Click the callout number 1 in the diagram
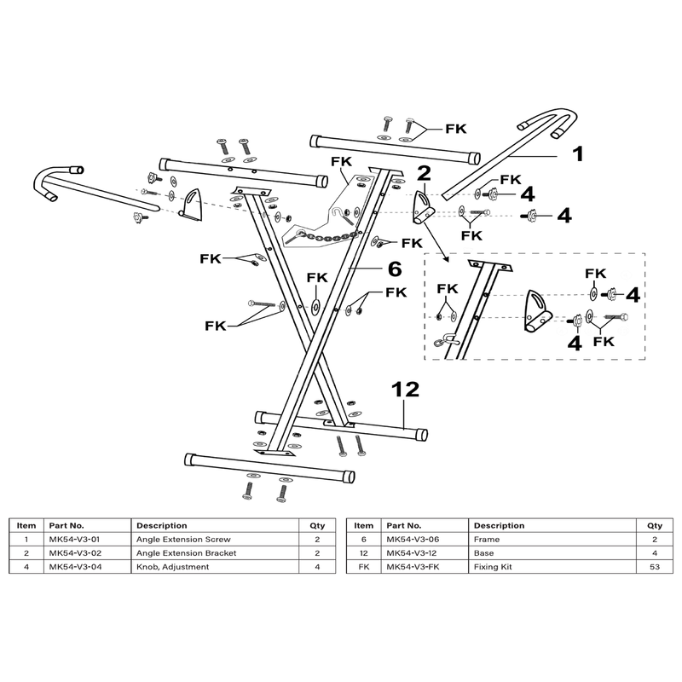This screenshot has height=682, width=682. click(578, 154)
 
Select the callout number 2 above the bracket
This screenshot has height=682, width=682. click(424, 173)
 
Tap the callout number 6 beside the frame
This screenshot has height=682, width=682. click(395, 269)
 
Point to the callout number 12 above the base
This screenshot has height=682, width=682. click(406, 390)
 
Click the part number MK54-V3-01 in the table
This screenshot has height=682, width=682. click(74, 540)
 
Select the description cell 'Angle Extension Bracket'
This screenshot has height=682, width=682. click(186, 553)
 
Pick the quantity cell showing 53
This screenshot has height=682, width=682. click(655, 567)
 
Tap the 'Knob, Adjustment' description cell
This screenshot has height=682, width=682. click(173, 567)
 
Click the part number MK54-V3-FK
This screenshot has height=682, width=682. click(412, 567)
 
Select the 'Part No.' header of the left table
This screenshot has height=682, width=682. click(66, 525)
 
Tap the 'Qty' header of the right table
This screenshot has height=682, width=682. click(655, 525)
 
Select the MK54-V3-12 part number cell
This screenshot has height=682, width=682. click(412, 553)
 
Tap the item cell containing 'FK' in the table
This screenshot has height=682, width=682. click(364, 567)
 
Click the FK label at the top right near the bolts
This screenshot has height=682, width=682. click(456, 129)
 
